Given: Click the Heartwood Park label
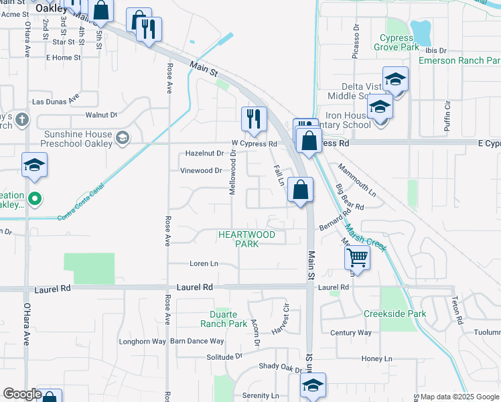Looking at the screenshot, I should tap(246, 239).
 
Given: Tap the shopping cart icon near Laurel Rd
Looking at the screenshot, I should tap(359, 256).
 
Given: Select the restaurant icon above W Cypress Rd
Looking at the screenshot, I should tap(254, 119).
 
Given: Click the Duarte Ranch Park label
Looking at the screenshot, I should tap(224, 319).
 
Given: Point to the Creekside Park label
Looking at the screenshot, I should tap(395, 314).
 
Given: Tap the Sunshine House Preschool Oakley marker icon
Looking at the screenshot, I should tap(122, 138).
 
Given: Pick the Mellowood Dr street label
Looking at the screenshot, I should tap(233, 173).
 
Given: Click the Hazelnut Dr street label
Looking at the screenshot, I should tap(204, 153).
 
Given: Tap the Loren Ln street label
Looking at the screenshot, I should tap(204, 264).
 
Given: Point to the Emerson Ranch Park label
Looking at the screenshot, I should tap(459, 60).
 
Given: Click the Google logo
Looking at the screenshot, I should tap(21, 394).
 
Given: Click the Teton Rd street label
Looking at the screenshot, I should tap(457, 311).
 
